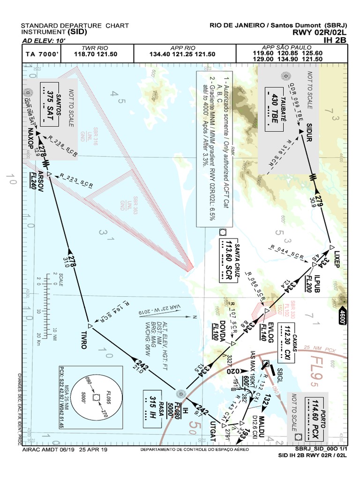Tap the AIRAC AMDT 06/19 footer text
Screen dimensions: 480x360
click(65, 450)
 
